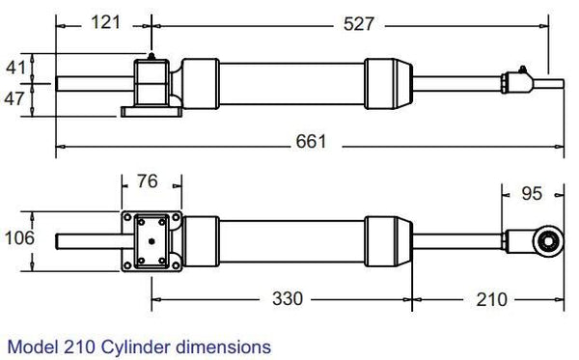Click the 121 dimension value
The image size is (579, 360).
pos(105,21)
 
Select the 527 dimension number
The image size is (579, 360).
pos(358,24)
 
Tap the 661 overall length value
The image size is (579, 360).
pos(311,142)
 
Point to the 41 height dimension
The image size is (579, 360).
pos(15,68)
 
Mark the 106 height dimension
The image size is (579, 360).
pos(18,238)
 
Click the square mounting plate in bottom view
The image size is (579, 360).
pos(152,238)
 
